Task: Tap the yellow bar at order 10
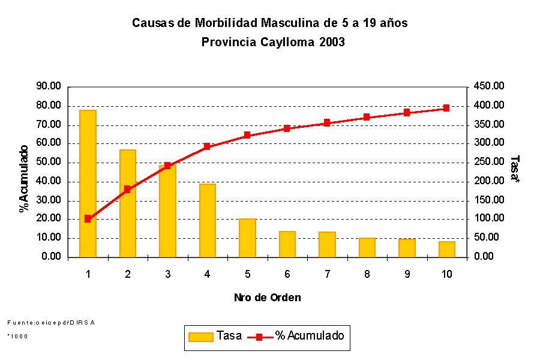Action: (446, 249)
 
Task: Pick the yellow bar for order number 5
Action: (247, 238)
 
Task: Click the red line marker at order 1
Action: (88, 219)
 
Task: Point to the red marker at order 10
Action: (446, 108)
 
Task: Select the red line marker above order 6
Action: (287, 128)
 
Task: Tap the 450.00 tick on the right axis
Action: (490, 86)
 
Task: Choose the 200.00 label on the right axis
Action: (490, 181)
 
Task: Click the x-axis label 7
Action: (327, 274)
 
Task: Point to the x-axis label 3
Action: (167, 274)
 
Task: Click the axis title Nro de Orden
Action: (267, 298)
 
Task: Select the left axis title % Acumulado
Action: (24, 179)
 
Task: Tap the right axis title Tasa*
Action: (514, 169)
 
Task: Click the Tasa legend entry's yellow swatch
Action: (200, 337)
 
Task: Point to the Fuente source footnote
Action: (51, 323)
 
